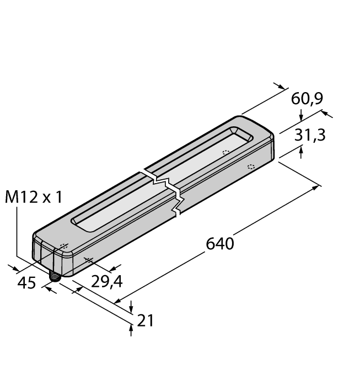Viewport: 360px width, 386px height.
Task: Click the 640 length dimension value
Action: [x=220, y=243]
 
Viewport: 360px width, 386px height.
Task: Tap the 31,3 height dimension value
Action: [x=309, y=135]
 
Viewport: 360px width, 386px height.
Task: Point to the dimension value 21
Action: [x=146, y=320]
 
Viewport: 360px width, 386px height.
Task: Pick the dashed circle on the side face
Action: [x=251, y=167]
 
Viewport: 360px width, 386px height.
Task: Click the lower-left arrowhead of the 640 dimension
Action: [x=118, y=301]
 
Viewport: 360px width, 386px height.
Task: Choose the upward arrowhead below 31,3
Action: [x=300, y=153]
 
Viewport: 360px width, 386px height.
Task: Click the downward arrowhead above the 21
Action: [x=131, y=309]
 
